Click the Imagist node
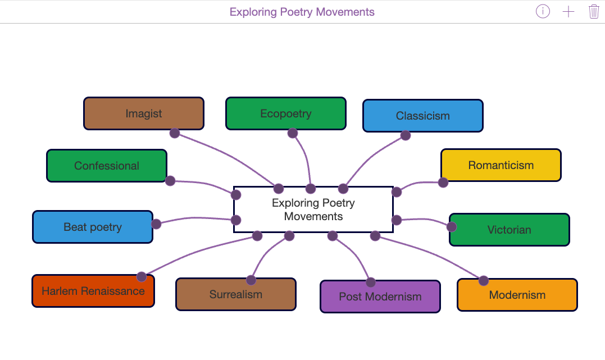[143, 113]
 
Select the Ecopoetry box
[285, 113]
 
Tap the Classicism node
[422, 116]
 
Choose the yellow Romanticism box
[501, 165]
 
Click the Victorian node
[509, 230]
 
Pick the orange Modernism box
[517, 295]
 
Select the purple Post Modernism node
[380, 297]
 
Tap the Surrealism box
[235, 294]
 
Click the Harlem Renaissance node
[93, 291]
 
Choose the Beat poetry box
[92, 227]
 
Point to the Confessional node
[106, 166]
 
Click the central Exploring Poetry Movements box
[313, 209]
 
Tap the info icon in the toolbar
[543, 12]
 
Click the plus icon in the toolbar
[568, 12]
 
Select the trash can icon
[594, 12]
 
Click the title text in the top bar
[302, 12]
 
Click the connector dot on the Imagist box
[175, 133]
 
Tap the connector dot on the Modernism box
[483, 280]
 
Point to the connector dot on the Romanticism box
[443, 183]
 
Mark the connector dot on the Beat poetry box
[156, 224]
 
